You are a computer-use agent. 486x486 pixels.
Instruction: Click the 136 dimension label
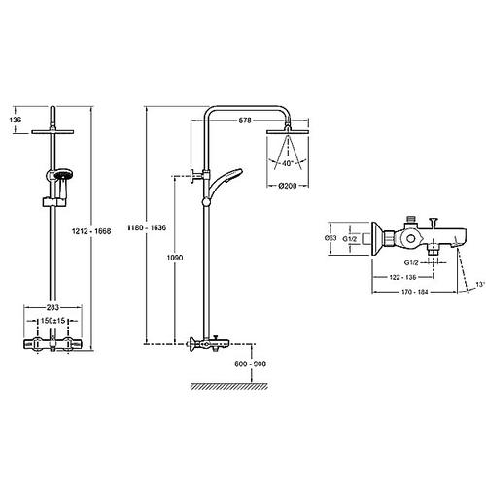pos(16,120)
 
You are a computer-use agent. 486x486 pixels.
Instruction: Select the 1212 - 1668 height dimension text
pos(91,231)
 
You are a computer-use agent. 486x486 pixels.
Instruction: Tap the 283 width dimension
pos(52,307)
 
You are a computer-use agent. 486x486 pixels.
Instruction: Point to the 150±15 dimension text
pos(52,321)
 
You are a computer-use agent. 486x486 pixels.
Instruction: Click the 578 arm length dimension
pos(245,121)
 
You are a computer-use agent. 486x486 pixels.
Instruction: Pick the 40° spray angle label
pos(288,163)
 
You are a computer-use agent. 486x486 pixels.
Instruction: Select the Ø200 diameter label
pos(288,186)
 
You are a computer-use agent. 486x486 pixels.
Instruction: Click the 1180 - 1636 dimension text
pos(147,227)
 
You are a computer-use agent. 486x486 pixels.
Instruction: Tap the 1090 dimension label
pos(175,258)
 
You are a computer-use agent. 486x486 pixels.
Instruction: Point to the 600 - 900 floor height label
pos(250,364)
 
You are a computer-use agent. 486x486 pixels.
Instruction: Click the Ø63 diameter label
pos(330,238)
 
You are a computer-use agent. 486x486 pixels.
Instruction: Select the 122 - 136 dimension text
pos(402,277)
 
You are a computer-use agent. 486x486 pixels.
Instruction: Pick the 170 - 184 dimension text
pos(415,292)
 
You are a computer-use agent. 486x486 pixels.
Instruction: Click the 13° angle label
pos(480,284)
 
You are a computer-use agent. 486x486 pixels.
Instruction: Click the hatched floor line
pos(229,386)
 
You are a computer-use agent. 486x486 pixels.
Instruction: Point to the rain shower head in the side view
pos(288,132)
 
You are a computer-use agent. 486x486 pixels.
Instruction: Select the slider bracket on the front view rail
pos(54,202)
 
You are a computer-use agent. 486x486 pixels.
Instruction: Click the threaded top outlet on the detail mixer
pos(411,220)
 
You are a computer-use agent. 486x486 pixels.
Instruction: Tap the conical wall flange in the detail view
pos(378,239)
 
